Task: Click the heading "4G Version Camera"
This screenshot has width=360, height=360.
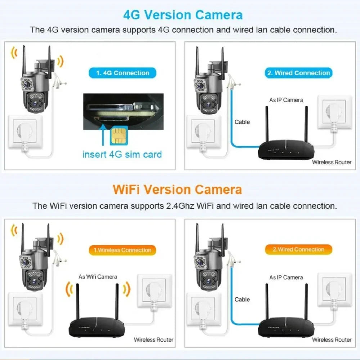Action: click(183, 15)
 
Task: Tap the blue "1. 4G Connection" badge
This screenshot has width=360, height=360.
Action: click(122, 73)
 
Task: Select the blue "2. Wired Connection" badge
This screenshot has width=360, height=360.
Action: click(298, 73)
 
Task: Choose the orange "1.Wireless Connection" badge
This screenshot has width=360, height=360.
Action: click(122, 250)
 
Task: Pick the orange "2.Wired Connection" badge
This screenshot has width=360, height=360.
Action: click(298, 249)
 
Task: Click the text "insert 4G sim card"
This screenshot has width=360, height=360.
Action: click(122, 155)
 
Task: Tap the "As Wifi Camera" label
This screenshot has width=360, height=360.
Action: click(98, 276)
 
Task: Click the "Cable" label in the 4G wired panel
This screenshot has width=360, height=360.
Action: click(242, 122)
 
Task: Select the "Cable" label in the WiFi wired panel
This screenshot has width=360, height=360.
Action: click(242, 299)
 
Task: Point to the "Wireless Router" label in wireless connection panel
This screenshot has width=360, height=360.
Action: click(153, 339)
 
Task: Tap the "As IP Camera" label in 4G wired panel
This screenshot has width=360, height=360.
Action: click(286, 100)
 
